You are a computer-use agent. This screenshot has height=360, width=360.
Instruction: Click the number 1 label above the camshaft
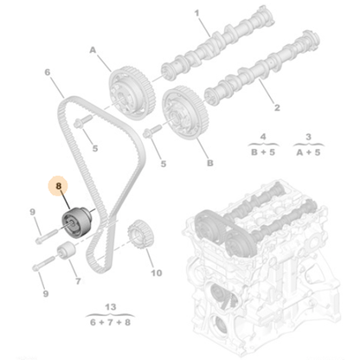[196, 13]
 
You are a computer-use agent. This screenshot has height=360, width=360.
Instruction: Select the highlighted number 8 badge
[59, 185]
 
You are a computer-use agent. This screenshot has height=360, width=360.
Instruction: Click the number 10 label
[156, 273]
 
